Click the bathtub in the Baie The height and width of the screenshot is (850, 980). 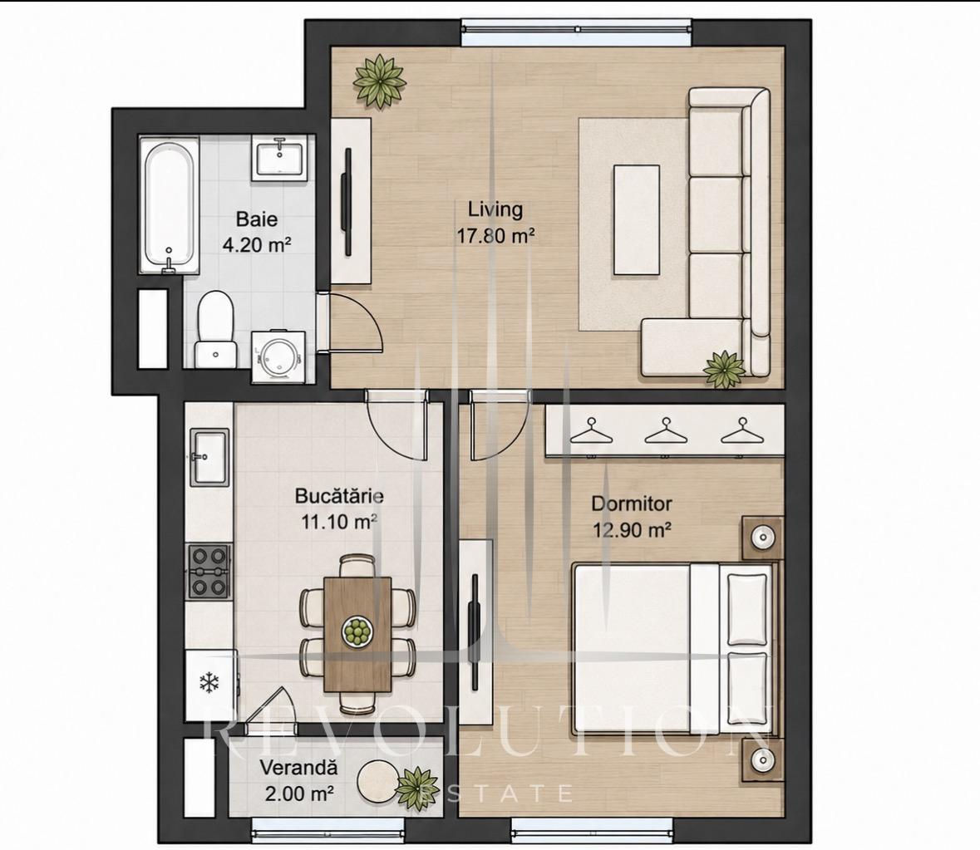(169, 205)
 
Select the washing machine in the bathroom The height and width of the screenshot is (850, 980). (278, 356)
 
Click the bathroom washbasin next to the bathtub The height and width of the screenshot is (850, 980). (279, 159)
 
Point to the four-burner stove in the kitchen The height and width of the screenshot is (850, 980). (209, 571)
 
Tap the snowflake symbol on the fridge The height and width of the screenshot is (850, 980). (208, 682)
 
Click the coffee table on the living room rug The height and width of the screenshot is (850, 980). (636, 220)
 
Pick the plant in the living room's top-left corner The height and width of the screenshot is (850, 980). (378, 81)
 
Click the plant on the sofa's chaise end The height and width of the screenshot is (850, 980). (724, 368)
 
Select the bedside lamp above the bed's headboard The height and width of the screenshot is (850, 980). (762, 537)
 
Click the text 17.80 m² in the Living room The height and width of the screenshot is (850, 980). (495, 236)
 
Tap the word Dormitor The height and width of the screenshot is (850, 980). (632, 504)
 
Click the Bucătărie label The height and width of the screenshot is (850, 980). (339, 497)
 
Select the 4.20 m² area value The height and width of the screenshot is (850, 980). (257, 244)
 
